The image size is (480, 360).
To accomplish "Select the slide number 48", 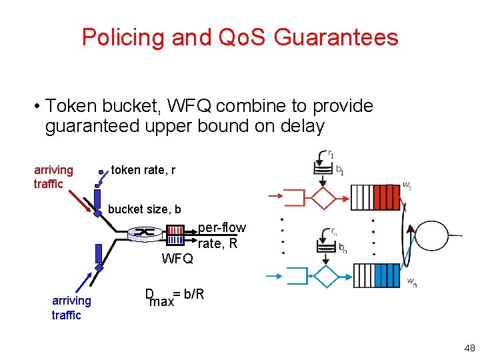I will (x=469, y=348).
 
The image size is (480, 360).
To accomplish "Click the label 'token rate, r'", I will (x=143, y=170).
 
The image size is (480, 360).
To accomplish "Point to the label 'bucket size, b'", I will (x=144, y=209).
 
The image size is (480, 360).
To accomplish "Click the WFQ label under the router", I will (x=177, y=259).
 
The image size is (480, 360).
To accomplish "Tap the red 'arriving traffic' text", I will (x=53, y=177).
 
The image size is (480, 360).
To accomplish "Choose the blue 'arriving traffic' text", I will (x=71, y=308).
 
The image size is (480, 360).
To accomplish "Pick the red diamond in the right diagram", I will (x=325, y=197).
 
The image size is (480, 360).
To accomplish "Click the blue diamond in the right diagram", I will (x=326, y=275).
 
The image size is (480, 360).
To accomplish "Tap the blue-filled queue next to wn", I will (x=387, y=275).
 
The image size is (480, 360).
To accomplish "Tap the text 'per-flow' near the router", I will (x=222, y=228).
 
